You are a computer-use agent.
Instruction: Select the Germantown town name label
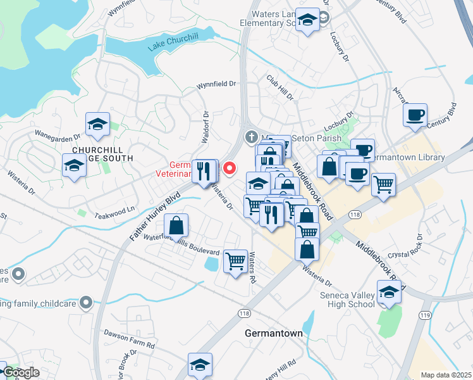click(x=273, y=333)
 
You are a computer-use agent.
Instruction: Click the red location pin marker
click(x=230, y=168)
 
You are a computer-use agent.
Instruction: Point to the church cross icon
click(x=252, y=136)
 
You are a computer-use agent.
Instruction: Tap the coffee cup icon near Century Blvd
click(x=415, y=115)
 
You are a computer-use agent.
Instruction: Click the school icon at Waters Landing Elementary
click(x=307, y=21)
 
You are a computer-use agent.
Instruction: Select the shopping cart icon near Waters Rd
click(x=235, y=260)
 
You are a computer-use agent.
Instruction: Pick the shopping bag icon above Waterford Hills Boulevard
click(x=176, y=225)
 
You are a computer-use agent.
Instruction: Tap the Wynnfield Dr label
click(x=215, y=84)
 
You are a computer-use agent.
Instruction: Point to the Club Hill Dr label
click(x=280, y=88)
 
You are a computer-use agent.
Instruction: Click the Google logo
click(x=21, y=372)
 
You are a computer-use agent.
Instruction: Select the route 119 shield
click(x=424, y=315)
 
